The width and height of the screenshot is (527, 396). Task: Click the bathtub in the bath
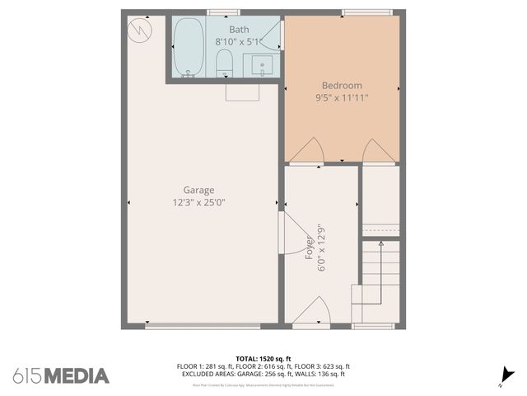click(189, 48)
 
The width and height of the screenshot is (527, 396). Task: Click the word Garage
click(198, 190)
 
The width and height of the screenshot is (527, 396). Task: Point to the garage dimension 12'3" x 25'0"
click(198, 202)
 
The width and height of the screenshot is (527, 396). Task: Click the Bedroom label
click(341, 85)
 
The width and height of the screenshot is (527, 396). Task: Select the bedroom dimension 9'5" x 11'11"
click(341, 97)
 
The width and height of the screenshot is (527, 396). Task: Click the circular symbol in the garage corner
click(140, 31)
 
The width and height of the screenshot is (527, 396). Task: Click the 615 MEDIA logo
click(61, 375)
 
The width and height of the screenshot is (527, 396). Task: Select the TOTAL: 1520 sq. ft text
click(263, 358)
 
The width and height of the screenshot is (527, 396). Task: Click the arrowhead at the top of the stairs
click(380, 243)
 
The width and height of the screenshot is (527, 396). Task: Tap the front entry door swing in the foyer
click(313, 314)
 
